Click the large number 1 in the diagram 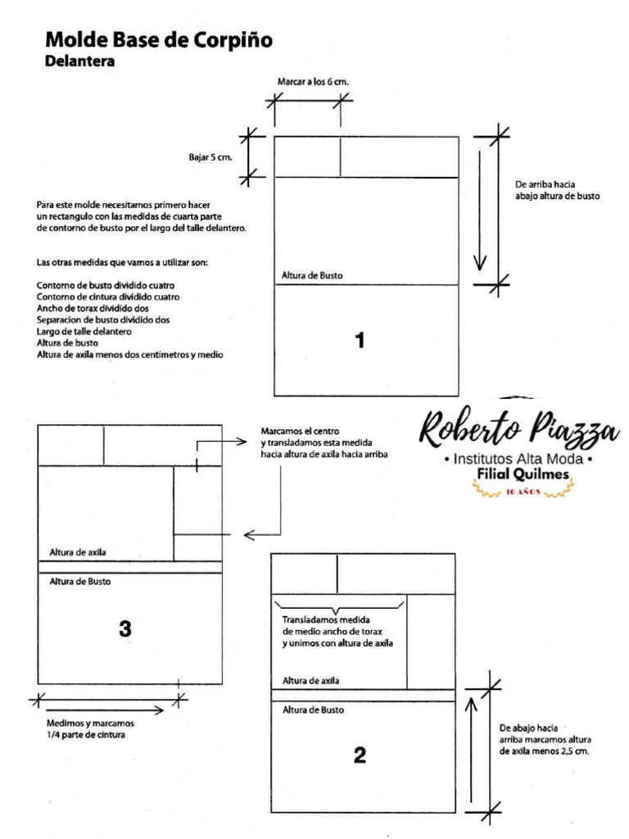[x=359, y=340]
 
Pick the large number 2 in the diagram [x=359, y=755]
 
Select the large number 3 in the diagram [x=124, y=628]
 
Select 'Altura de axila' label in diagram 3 [x=78, y=551]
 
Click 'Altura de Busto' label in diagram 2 [x=313, y=710]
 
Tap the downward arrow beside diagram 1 [x=481, y=205]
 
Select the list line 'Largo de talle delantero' [x=84, y=332]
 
